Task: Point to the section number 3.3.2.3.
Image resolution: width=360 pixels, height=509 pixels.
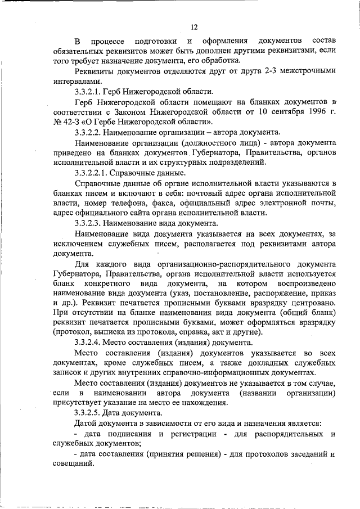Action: click(x=93, y=224)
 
